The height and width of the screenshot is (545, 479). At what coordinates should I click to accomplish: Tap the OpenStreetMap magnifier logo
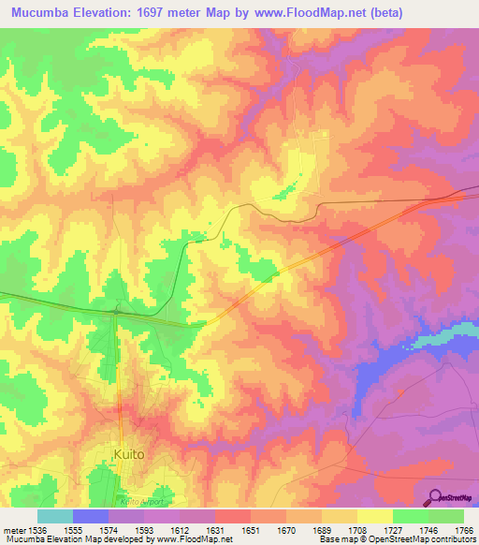click(436, 497)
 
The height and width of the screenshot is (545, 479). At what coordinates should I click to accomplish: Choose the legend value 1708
click(343, 530)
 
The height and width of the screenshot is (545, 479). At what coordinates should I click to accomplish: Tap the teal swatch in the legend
click(55, 516)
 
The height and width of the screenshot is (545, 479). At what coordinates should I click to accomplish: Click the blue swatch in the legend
click(91, 516)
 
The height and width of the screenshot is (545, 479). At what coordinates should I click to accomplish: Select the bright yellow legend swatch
click(375, 516)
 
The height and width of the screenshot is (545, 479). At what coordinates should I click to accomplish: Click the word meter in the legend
click(13, 530)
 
